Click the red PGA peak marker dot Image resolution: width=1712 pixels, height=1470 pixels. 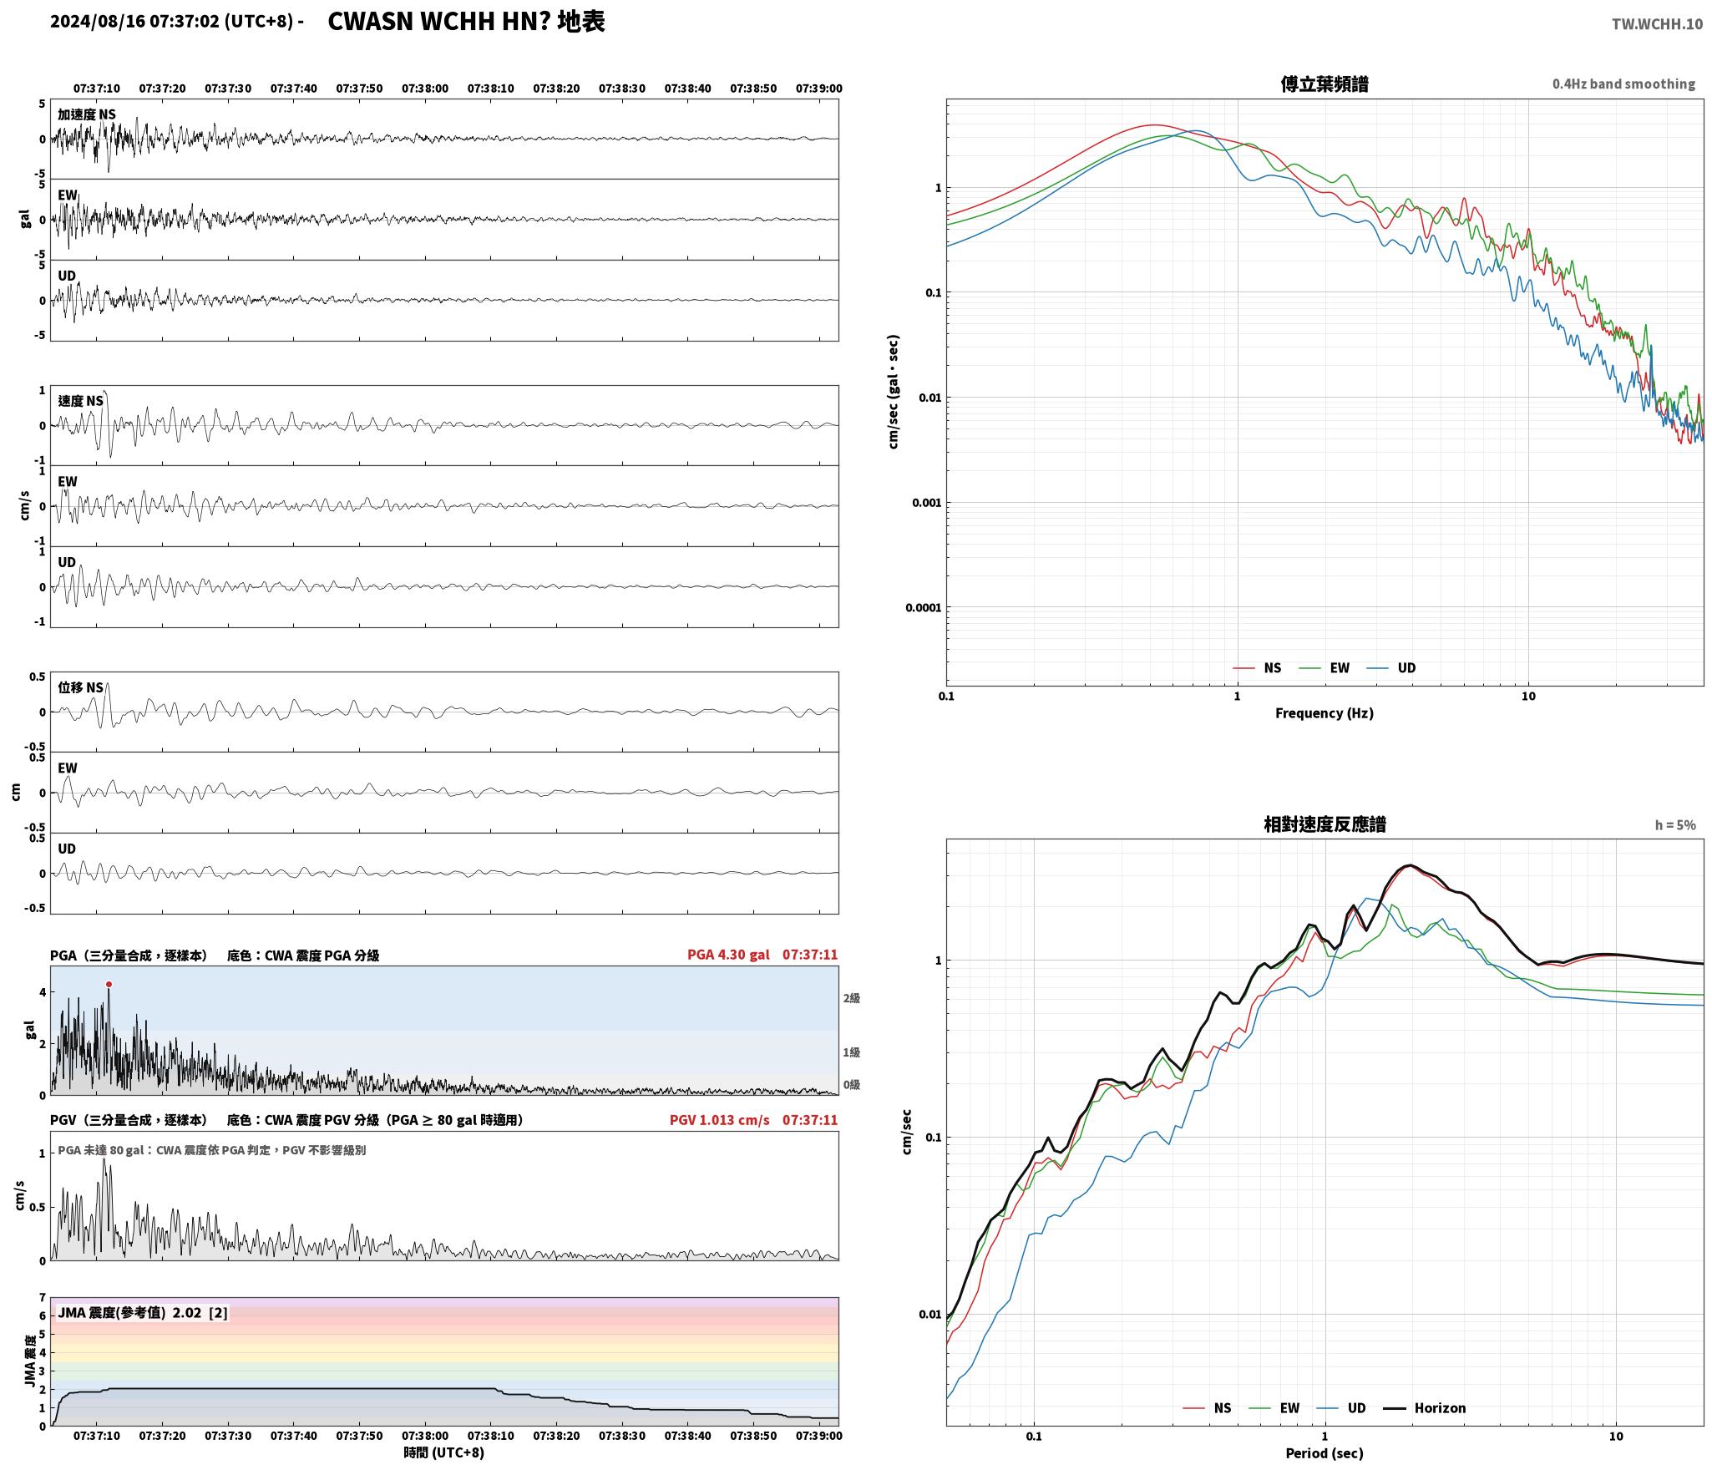[x=109, y=985]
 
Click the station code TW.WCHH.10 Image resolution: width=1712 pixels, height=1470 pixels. [x=1657, y=23]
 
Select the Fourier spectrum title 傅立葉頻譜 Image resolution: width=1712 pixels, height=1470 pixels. [x=1325, y=84]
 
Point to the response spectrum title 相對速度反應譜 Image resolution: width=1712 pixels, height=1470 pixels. [x=1325, y=824]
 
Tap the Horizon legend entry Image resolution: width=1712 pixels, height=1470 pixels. [x=1425, y=1408]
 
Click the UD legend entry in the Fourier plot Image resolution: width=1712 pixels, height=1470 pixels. [x=1391, y=667]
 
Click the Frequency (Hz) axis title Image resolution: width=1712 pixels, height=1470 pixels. [x=1325, y=712]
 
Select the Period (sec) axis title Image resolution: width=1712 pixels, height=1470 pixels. [x=1325, y=1453]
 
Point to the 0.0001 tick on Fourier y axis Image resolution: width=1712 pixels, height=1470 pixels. [x=923, y=607]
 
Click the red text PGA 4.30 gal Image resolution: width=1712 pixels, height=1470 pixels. [x=728, y=955]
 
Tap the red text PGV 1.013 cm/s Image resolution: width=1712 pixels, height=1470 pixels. [x=720, y=1120]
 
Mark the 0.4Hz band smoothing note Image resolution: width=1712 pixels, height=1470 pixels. [x=1624, y=84]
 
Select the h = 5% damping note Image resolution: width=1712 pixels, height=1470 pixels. [x=1675, y=825]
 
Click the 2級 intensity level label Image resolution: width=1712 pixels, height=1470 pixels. [x=851, y=998]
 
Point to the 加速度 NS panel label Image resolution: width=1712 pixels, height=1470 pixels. [x=87, y=114]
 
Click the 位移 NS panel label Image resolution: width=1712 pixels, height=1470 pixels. [x=81, y=687]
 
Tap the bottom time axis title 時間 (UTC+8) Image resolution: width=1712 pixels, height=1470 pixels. [x=444, y=1452]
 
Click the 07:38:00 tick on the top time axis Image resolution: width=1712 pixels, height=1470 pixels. [x=425, y=89]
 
